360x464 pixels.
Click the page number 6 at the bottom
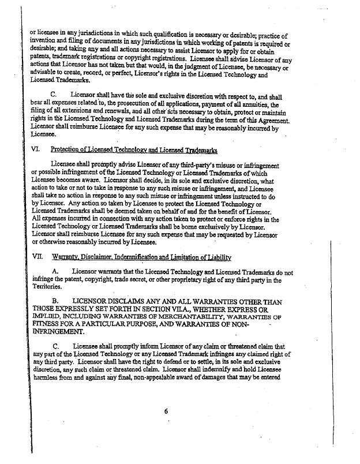165,411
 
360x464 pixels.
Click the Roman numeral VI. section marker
35,150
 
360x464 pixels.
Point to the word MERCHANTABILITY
173,317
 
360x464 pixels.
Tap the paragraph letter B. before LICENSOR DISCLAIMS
56,301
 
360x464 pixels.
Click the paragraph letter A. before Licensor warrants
56,272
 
